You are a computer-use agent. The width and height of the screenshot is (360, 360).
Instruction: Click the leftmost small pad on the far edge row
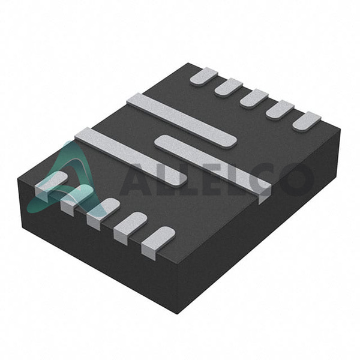coord(204,76)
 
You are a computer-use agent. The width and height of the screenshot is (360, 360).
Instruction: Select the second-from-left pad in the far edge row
coord(229,88)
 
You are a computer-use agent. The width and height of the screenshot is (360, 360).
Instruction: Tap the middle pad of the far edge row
coord(254,98)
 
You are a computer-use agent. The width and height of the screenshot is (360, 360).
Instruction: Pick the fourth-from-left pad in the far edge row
coord(280,110)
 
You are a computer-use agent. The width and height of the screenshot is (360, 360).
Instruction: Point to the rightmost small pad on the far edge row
coord(307,121)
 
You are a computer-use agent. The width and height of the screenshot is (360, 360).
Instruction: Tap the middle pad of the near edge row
coord(103,214)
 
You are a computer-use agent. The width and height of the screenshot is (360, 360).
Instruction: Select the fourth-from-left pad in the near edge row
coord(130,228)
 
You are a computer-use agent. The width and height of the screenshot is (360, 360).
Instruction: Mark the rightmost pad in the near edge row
coord(158,243)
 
